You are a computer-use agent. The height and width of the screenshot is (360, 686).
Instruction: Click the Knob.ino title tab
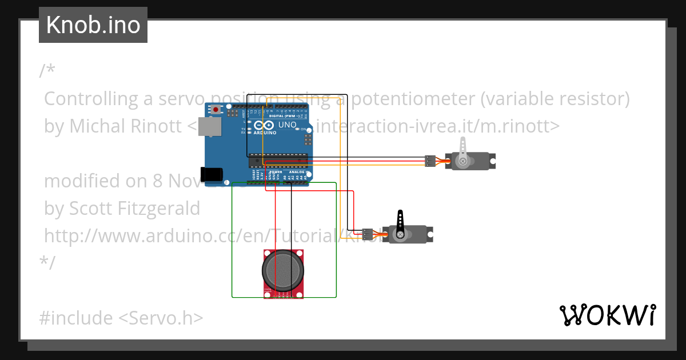93,25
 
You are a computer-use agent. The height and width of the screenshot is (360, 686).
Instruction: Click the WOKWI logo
607,315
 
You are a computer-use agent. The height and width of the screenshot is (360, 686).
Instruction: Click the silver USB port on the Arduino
212,128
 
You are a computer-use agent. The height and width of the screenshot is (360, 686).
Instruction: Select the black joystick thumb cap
284,271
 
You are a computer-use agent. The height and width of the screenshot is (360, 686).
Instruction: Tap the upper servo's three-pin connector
430,161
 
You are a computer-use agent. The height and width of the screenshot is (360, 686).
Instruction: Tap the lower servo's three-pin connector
368,234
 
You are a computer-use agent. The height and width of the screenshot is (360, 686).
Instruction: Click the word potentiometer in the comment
413,99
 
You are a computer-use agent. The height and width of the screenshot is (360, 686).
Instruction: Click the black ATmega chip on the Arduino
280,161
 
